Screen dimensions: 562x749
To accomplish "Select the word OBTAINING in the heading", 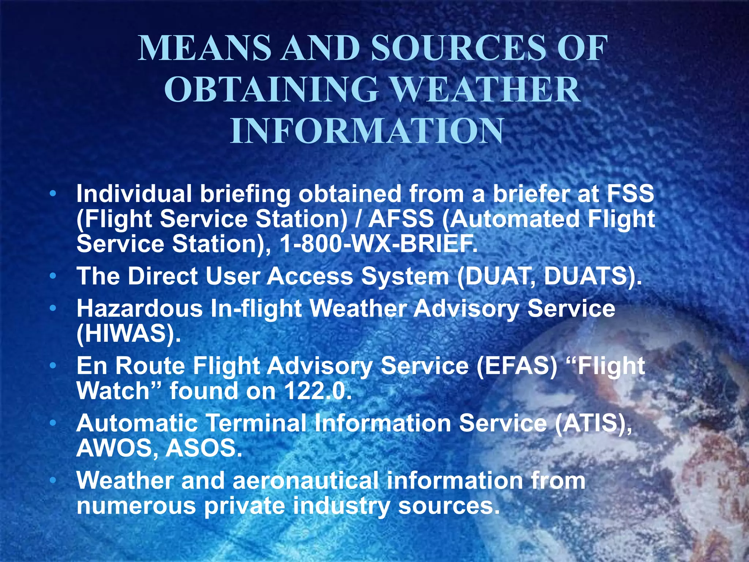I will click(271, 90).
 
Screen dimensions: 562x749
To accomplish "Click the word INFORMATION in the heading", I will click(367, 131).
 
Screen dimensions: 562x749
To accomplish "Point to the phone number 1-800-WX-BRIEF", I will click(378, 244).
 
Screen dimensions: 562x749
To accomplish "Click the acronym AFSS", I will click(401, 219).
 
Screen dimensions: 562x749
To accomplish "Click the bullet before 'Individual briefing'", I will click(53, 194).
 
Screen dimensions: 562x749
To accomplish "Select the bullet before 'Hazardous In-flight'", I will click(53, 308).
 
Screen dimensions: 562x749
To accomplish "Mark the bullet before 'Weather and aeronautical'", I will click(53, 480).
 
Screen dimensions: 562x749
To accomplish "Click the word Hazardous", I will click(139, 308).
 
